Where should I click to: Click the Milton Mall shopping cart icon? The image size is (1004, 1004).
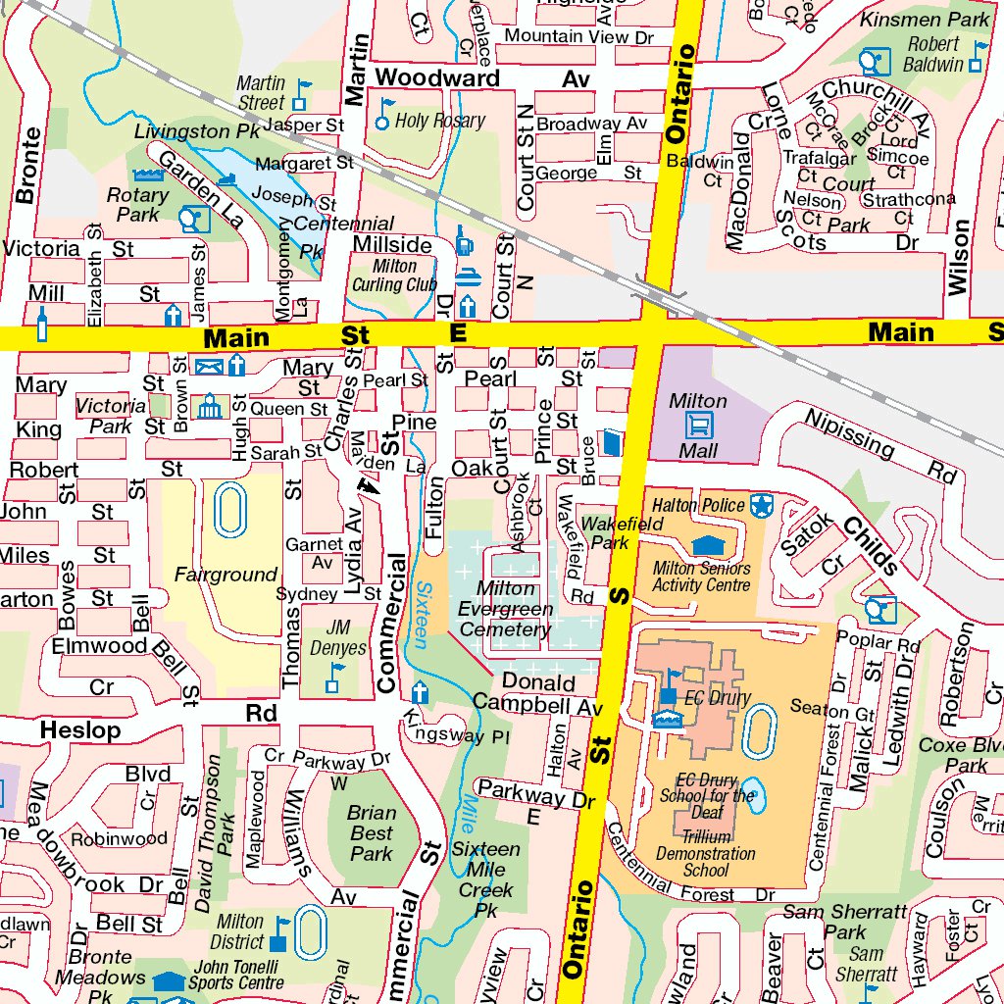coord(701,426)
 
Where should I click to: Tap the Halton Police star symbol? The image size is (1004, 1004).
coord(761,506)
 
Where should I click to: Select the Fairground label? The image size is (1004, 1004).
coord(226,575)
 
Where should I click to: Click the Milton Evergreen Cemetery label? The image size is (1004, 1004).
coord(506,609)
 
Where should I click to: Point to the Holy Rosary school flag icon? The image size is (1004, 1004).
coord(384,114)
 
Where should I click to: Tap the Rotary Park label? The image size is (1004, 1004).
coord(137,204)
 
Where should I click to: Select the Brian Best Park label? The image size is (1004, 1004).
coord(372,833)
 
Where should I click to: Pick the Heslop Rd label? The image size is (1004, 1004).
coord(157,721)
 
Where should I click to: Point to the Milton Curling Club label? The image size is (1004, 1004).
coord(395,276)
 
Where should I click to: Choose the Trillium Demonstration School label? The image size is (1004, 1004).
coord(706,853)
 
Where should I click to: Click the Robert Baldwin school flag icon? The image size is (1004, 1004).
coord(978,56)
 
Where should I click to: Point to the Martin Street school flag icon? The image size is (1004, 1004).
coord(301,94)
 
